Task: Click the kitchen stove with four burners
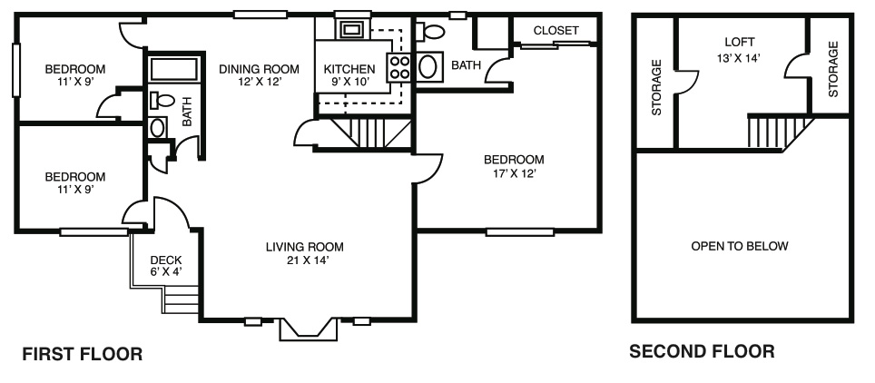point(399,67)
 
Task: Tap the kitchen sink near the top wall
point(352,30)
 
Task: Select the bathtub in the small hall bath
point(174,70)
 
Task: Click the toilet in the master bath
point(430,31)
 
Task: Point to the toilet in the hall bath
point(162,102)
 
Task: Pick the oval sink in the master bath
point(429,67)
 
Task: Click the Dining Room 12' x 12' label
point(259,75)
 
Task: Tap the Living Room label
point(305,253)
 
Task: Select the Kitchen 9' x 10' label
point(349,75)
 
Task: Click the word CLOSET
point(555,31)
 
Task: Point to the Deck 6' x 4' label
point(166,266)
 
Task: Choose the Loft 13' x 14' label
point(740,50)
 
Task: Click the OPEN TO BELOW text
point(740,246)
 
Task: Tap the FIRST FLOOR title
point(82,354)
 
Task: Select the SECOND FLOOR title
point(702,352)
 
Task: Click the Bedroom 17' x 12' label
point(514,166)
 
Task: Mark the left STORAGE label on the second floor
point(657,88)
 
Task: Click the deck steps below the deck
point(181,300)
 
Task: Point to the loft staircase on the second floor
point(779,133)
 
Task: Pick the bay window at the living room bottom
point(309,330)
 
